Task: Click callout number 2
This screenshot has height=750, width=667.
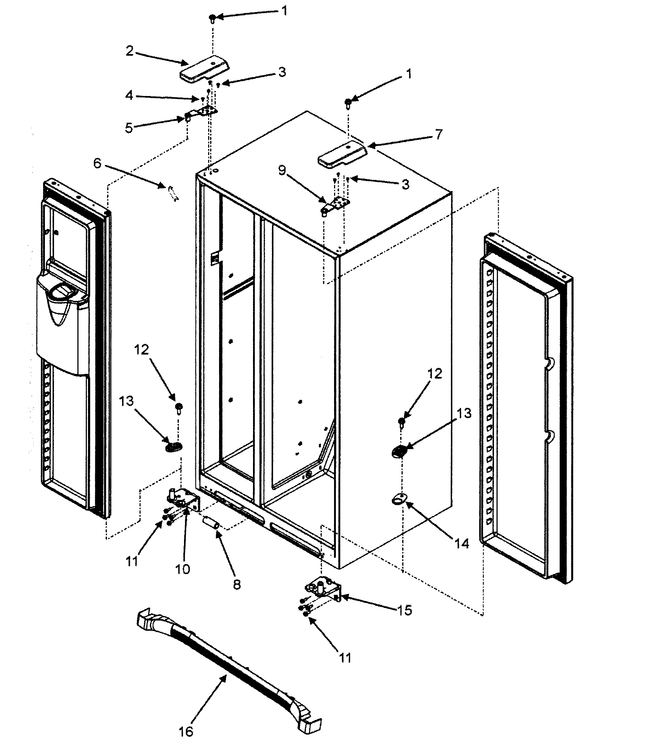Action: coord(130,51)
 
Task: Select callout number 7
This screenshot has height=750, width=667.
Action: coord(439,134)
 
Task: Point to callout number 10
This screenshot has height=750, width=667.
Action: coord(183,569)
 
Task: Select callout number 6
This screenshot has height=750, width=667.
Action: coord(97,163)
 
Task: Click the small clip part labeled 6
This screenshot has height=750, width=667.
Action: coord(172,194)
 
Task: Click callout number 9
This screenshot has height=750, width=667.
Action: coord(282,171)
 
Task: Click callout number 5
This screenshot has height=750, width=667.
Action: coord(129,129)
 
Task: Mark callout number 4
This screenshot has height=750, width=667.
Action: coord(129,96)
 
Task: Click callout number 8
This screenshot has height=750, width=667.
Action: coord(237,585)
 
